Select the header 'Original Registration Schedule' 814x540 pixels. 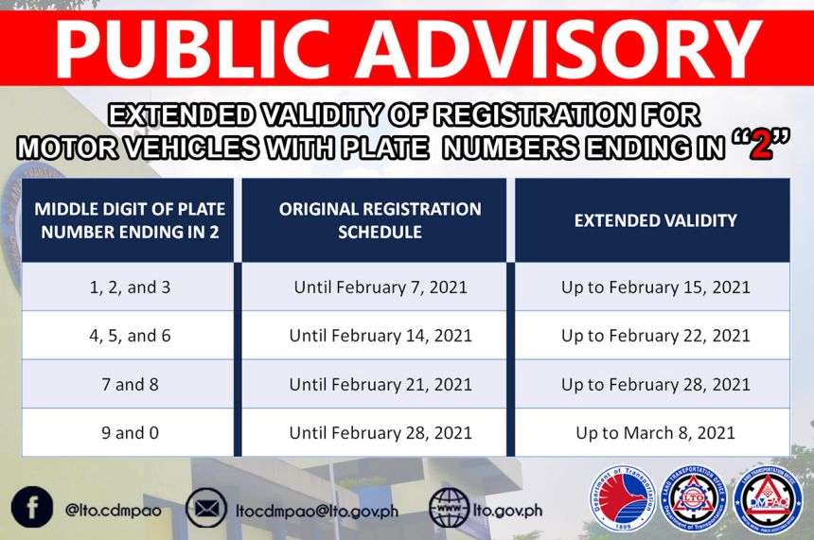tap(380, 219)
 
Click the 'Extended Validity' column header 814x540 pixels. tap(655, 220)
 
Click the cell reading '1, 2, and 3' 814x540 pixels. tap(130, 287)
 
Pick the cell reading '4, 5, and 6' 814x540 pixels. tap(130, 336)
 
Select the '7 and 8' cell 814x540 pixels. tap(130, 384)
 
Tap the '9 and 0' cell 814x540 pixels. tap(130, 433)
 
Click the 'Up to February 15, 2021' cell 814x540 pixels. tap(655, 287)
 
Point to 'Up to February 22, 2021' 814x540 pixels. tap(655, 336)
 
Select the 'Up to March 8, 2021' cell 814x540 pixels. tap(655, 433)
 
